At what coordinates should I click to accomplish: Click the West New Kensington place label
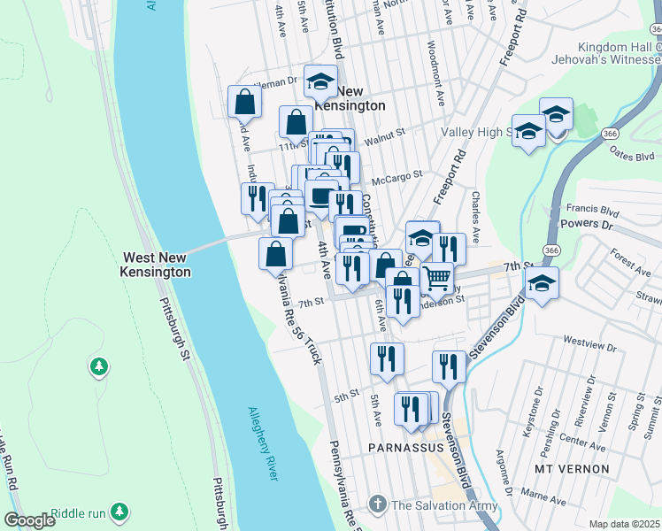(x=156, y=264)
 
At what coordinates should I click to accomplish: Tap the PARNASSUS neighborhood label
(x=405, y=449)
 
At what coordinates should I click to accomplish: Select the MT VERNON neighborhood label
(x=572, y=467)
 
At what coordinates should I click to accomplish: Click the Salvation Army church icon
(x=378, y=505)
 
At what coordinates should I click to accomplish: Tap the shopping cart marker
(x=436, y=278)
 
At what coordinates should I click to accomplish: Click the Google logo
(x=30, y=520)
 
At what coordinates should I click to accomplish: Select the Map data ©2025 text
(x=624, y=524)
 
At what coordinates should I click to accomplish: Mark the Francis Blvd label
(x=597, y=212)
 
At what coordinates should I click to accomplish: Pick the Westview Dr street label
(x=588, y=341)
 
